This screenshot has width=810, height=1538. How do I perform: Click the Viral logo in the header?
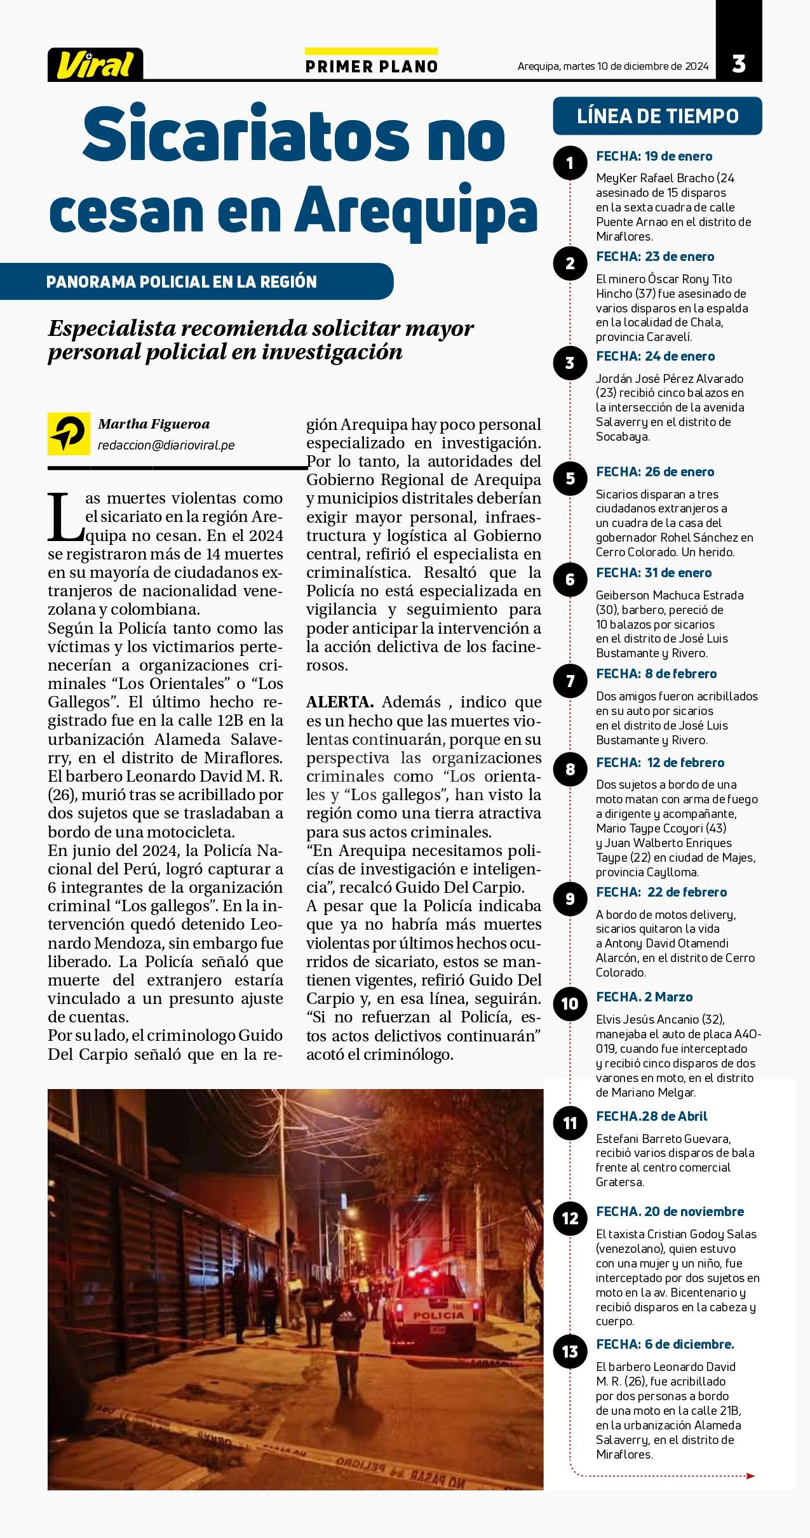click(95, 65)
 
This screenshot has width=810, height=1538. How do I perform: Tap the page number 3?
click(738, 64)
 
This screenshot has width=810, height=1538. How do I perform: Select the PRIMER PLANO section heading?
click(372, 67)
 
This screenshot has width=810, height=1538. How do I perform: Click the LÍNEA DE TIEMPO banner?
click(658, 116)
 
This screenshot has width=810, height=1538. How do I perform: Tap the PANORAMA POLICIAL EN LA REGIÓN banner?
click(182, 282)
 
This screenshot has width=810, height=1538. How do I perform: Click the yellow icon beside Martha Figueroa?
click(69, 434)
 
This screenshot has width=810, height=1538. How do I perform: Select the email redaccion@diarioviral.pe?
click(166, 446)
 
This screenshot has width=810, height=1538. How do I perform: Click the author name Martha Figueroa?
click(154, 424)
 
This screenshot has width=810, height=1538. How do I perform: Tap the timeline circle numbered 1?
click(570, 164)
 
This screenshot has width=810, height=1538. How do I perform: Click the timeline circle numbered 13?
click(570, 1352)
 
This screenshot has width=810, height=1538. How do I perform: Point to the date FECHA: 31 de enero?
click(654, 573)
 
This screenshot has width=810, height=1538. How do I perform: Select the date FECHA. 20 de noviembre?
click(670, 1211)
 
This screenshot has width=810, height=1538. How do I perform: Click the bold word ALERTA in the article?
click(340, 702)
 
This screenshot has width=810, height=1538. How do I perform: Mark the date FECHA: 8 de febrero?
click(656, 674)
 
